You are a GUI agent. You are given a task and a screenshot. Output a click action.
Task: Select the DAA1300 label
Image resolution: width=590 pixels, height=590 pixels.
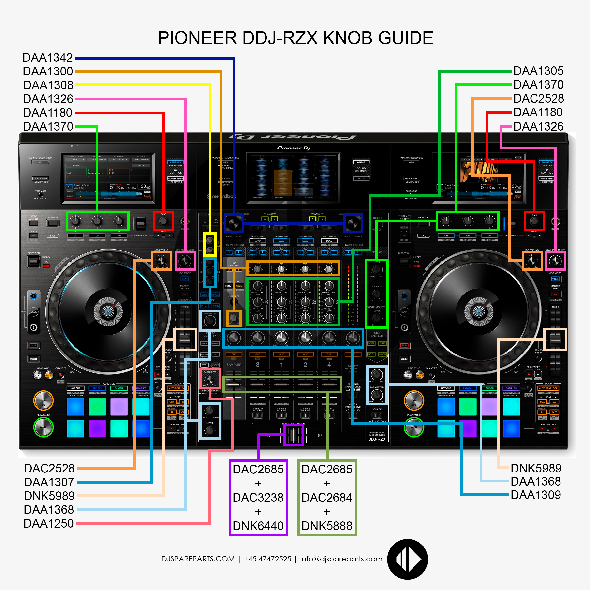click(48, 71)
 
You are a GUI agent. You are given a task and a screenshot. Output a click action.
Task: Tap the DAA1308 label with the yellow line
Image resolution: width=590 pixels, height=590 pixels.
click(48, 85)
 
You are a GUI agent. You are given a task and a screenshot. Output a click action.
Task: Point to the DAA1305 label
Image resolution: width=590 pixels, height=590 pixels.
click(538, 71)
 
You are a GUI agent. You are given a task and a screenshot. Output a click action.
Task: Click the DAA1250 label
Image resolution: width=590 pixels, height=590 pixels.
click(49, 523)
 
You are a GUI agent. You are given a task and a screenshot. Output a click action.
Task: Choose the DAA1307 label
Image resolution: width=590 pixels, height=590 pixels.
click(49, 482)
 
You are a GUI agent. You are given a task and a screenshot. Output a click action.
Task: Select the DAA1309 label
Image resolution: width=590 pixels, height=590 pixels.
click(536, 495)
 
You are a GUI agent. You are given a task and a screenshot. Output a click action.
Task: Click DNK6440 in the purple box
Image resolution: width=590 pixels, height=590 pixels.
click(258, 526)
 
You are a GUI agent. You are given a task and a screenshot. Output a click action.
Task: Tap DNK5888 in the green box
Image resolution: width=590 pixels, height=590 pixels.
click(327, 526)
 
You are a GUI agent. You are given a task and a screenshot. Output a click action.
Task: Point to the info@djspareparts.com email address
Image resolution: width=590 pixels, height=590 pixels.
click(341, 559)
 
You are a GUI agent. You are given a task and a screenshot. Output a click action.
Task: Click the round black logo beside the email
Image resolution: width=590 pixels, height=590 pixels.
click(407, 559)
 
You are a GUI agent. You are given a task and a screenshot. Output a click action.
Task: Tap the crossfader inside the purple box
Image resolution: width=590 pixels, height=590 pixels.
click(293, 435)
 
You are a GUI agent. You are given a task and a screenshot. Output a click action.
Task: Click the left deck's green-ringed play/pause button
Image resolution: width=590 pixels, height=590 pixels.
click(43, 427)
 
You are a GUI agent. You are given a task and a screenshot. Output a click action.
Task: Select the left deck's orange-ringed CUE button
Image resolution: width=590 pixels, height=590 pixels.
click(43, 400)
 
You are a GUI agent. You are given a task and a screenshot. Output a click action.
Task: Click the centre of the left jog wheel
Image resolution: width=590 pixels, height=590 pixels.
click(108, 311)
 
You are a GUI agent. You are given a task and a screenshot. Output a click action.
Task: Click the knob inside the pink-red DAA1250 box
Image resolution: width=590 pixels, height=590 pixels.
click(210, 380)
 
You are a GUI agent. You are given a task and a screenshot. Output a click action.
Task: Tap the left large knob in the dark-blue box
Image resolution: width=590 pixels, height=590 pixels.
click(234, 223)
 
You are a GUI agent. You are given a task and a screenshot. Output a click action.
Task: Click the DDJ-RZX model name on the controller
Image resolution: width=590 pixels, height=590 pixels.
click(377, 439)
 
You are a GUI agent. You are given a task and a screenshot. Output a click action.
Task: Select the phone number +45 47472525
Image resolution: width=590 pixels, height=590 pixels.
click(267, 559)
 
